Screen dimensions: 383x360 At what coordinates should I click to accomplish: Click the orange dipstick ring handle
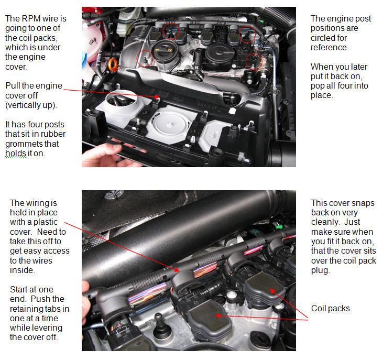113,66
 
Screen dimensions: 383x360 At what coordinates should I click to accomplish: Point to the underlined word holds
15,154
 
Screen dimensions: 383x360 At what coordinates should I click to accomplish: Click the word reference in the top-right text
330,47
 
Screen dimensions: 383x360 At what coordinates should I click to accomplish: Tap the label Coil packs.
332,309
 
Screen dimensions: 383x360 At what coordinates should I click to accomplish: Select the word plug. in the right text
321,270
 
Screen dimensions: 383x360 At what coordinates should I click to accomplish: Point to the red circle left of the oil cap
145,59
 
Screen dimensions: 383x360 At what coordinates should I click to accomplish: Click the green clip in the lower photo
278,226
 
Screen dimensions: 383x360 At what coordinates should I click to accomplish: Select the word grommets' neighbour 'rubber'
54,134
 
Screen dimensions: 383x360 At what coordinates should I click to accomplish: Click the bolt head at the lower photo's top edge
114,194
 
